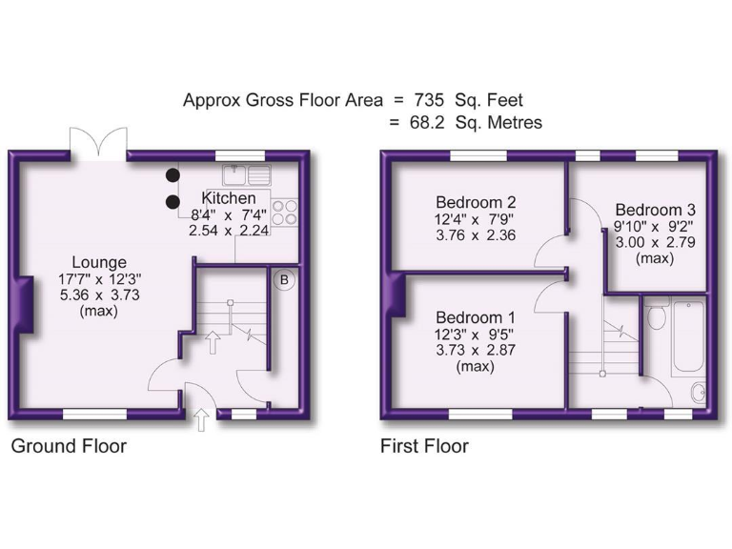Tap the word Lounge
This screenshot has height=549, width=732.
click(x=99, y=262)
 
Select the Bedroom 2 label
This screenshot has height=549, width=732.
click(x=476, y=202)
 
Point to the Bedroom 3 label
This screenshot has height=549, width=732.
click(x=655, y=210)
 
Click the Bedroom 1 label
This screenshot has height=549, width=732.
click(x=476, y=316)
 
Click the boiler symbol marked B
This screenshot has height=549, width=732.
click(x=283, y=279)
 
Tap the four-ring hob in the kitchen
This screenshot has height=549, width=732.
click(x=284, y=212)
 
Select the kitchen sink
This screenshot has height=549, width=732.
click(x=247, y=174)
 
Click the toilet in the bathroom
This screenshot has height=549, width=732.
click(x=655, y=317)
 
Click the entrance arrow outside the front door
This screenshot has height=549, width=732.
click(x=201, y=419)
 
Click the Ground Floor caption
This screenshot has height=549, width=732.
click(x=69, y=446)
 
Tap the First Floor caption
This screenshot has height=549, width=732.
click(x=424, y=446)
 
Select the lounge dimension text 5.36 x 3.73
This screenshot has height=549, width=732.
click(x=99, y=295)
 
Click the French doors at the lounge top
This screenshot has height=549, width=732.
click(x=98, y=143)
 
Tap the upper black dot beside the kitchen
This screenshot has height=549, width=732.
click(x=173, y=175)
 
